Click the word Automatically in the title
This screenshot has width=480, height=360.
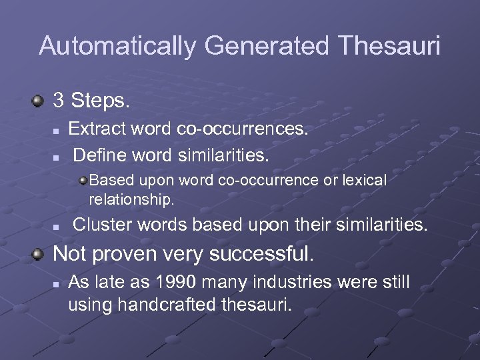click(x=118, y=46)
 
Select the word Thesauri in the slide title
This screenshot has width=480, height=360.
click(x=389, y=46)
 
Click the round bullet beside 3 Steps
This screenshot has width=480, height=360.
click(x=39, y=101)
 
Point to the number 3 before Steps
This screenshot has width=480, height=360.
click(x=59, y=101)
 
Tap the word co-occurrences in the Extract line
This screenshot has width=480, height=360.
click(x=243, y=128)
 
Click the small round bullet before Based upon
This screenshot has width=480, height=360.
click(x=83, y=180)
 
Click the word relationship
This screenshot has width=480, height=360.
click(x=131, y=199)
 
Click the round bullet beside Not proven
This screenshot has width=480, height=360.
click(x=39, y=254)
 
